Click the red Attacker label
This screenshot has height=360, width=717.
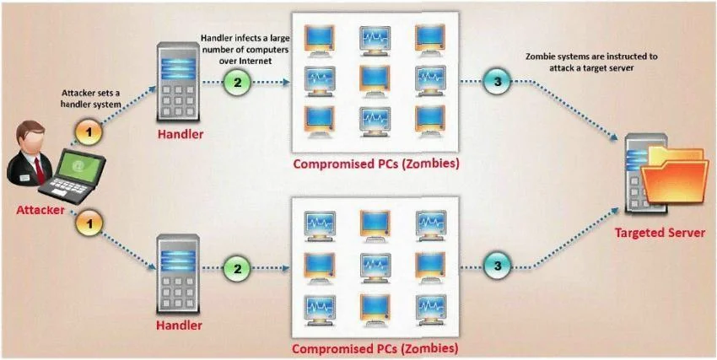(40, 211)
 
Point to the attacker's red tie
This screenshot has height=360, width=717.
(40, 170)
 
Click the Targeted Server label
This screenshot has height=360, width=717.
(660, 233)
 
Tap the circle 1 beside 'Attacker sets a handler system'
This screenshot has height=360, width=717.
(89, 133)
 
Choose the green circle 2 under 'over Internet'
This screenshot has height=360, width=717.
(237, 83)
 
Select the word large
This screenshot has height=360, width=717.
(279, 39)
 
